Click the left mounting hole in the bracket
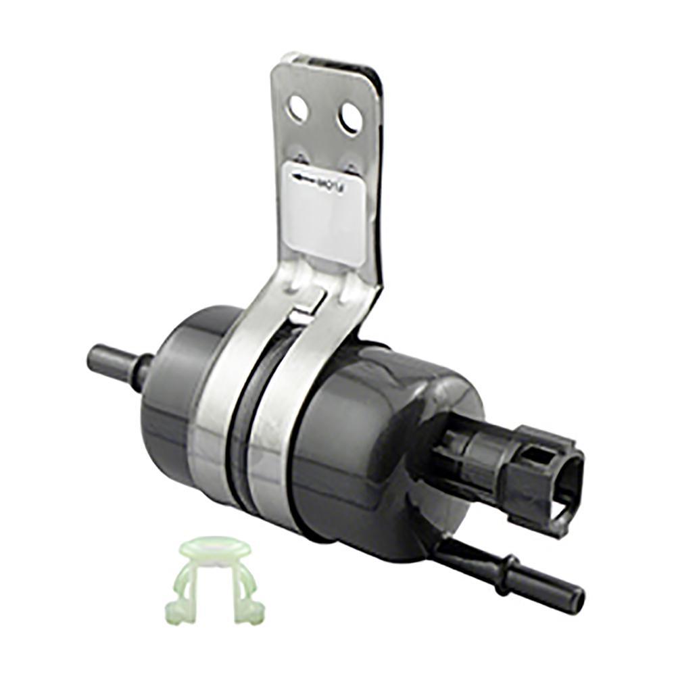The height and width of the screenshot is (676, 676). tap(297, 109)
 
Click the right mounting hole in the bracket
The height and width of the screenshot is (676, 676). tap(350, 118)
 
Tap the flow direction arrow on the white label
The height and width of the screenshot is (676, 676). tap(302, 177)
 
